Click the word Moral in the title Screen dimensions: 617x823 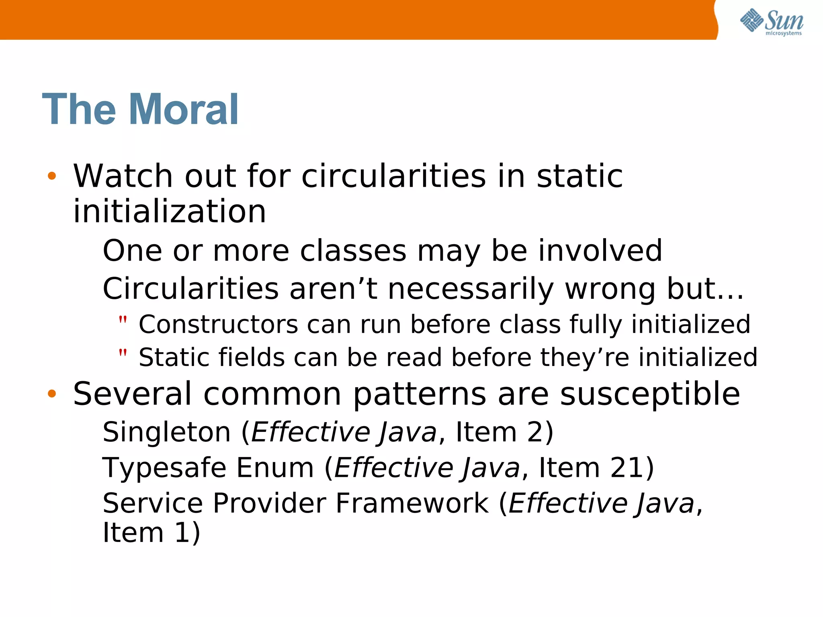184,110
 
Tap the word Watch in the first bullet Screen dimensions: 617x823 123,176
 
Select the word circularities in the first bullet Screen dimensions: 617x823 393,176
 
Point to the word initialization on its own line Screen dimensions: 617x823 169,212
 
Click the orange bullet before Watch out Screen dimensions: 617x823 51,176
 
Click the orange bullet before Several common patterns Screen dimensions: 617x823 51,394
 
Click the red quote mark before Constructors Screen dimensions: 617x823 123,320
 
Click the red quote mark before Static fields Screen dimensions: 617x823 123,353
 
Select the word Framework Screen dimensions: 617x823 412,503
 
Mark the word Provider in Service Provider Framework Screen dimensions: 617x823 269,503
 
